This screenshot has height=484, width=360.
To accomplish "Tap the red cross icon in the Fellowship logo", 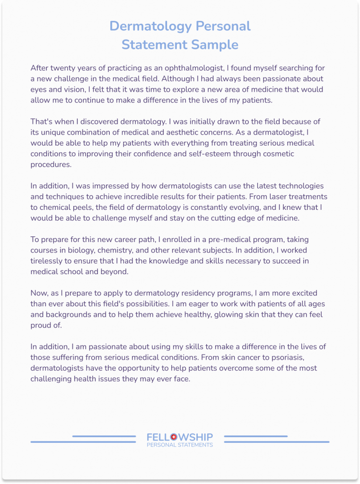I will coord(173,437).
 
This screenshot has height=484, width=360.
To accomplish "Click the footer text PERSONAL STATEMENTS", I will coord(180,445).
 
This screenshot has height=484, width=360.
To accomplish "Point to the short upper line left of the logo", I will coord(104,436).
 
